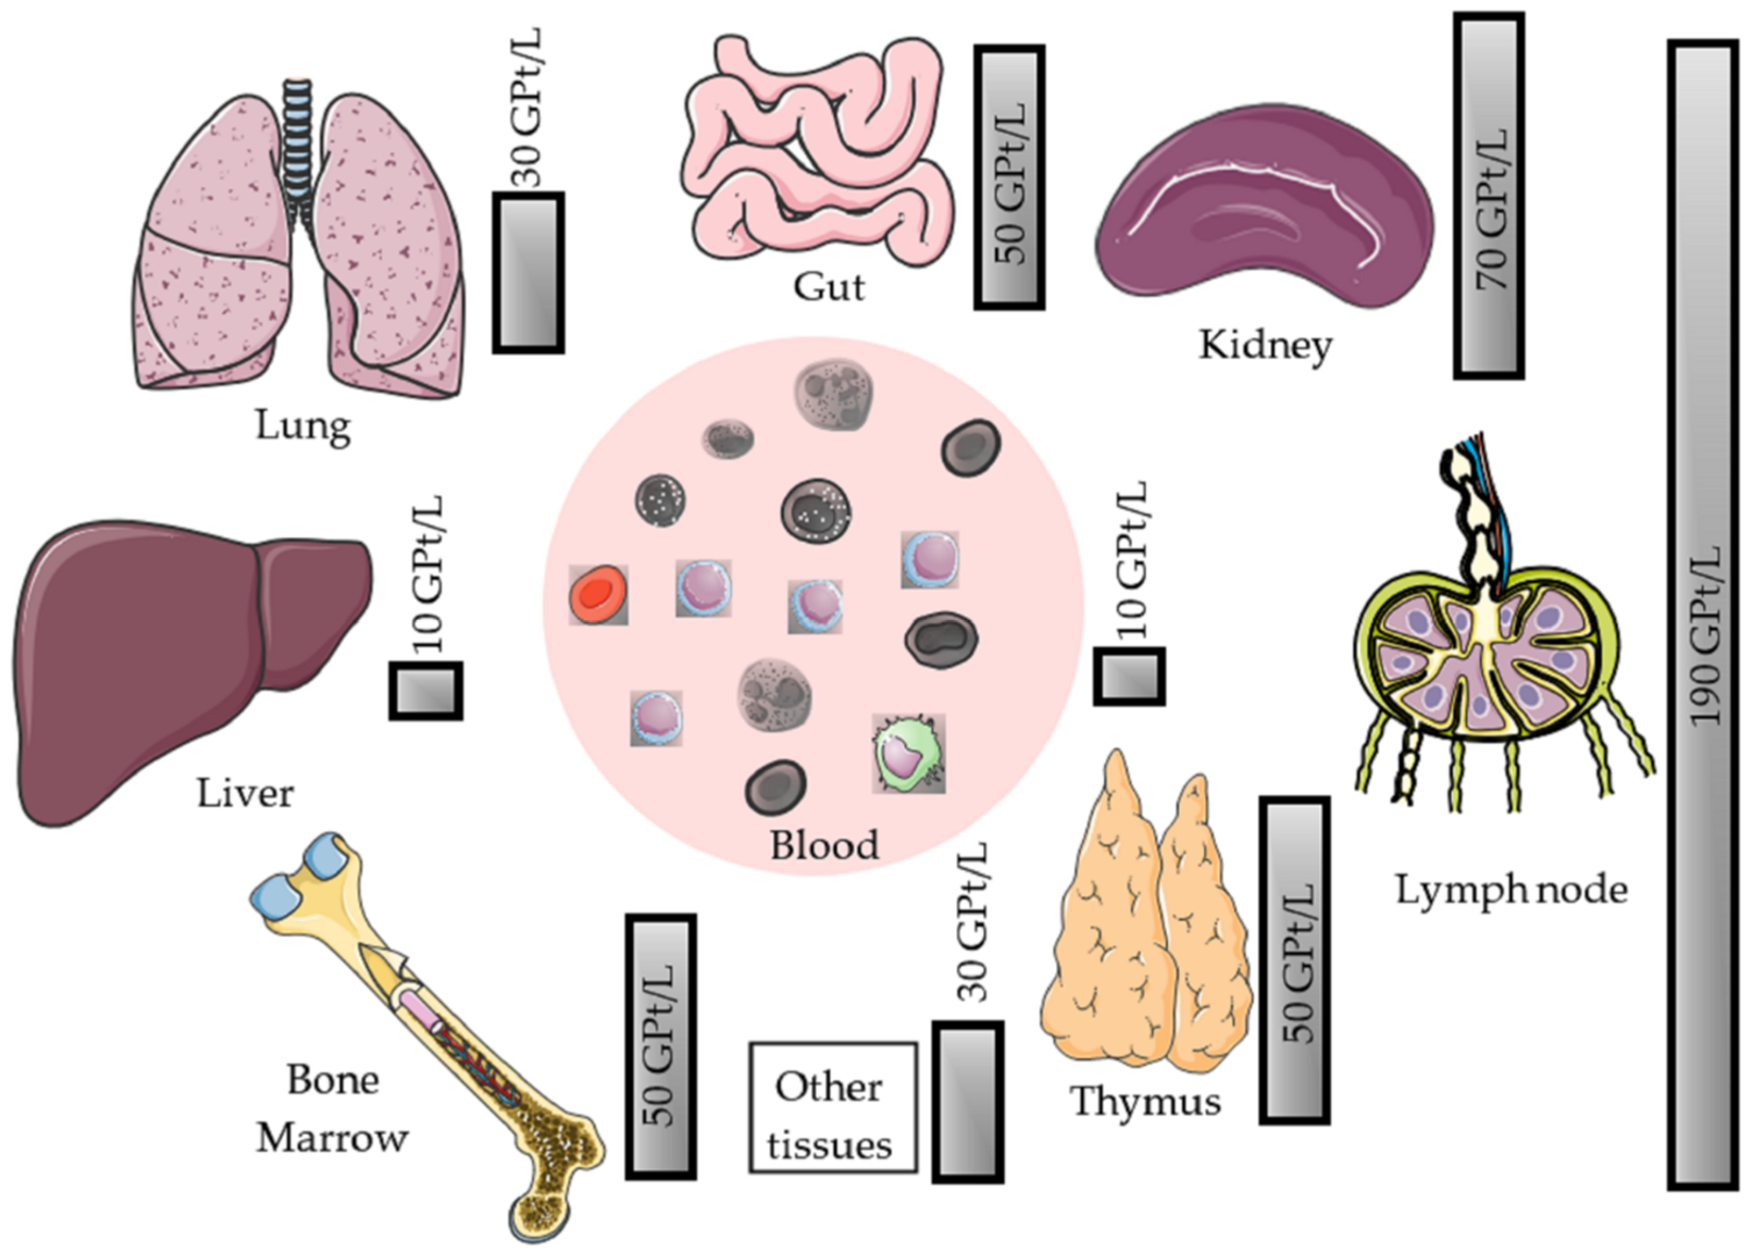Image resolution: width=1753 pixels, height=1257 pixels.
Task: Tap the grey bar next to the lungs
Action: pyautogui.click(x=529, y=273)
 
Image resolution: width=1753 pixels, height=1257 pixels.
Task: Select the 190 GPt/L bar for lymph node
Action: pyautogui.click(x=1703, y=615)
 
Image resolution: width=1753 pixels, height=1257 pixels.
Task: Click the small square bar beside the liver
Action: pyautogui.click(x=426, y=690)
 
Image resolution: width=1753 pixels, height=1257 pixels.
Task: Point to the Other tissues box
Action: pyautogui.click(x=833, y=1107)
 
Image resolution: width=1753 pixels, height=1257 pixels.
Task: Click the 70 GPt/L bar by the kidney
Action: pyautogui.click(x=1488, y=195)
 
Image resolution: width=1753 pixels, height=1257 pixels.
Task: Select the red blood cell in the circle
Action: pyautogui.click(x=598, y=594)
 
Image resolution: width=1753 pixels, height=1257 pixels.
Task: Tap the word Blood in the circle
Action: pyautogui.click(x=824, y=845)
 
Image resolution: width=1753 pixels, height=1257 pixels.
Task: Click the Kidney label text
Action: pyautogui.click(x=1265, y=345)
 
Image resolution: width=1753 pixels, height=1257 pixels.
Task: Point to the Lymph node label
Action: pyautogui.click(x=1511, y=890)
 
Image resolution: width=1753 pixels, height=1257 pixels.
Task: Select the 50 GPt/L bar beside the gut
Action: pyautogui.click(x=1009, y=177)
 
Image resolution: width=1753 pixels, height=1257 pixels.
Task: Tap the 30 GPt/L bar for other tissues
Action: pyautogui.click(x=967, y=1102)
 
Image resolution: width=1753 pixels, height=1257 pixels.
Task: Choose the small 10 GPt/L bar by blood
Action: pyautogui.click(x=1129, y=676)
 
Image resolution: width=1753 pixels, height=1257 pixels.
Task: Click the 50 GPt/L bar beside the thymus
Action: pyautogui.click(x=1295, y=959)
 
